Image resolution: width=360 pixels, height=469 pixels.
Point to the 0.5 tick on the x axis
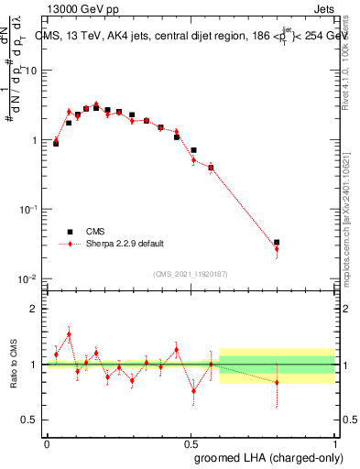(x=191, y=442)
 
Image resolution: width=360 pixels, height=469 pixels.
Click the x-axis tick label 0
(x=47, y=442)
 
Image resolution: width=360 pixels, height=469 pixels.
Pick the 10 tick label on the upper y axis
(x=34, y=71)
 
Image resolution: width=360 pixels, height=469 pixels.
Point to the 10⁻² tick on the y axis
(x=31, y=278)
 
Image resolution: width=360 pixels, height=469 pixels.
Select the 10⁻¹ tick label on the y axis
(x=31, y=209)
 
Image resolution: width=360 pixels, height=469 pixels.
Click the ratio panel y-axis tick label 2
(x=36, y=309)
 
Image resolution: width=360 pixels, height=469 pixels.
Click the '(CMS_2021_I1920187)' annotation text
(x=190, y=273)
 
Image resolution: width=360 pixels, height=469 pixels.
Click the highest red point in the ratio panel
(x=69, y=334)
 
